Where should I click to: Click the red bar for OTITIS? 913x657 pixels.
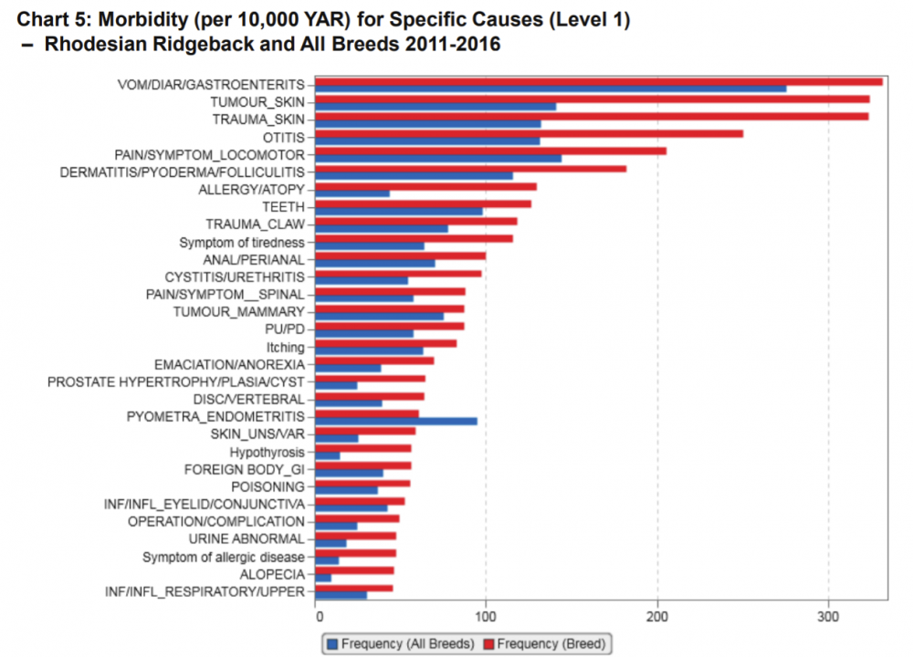(x=529, y=134)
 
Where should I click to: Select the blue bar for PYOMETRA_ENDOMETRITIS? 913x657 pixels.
(x=395, y=421)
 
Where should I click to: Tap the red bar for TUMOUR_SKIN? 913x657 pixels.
(x=592, y=99)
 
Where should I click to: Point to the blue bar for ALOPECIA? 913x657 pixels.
(x=323, y=578)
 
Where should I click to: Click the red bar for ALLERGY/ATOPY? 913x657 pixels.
(x=425, y=186)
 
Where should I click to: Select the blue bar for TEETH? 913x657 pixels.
(x=398, y=212)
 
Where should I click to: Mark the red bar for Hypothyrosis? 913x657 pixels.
(x=362, y=448)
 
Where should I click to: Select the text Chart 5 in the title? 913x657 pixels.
(x=47, y=19)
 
